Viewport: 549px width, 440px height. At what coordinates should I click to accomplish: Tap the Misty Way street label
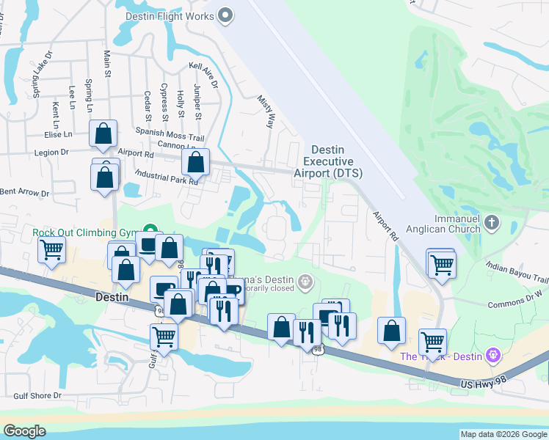[x=265, y=111]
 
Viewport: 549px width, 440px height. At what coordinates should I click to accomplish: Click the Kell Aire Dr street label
[x=204, y=76]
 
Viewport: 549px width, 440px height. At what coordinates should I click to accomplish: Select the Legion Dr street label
[x=51, y=152]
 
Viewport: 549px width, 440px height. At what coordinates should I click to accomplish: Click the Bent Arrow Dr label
[x=24, y=193]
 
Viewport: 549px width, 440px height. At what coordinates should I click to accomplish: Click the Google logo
[x=24, y=431]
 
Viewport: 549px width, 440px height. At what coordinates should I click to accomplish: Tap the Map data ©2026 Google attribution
[x=503, y=434]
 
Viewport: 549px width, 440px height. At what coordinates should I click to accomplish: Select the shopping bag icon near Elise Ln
[x=103, y=133]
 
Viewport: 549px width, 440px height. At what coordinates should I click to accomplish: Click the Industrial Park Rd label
[x=167, y=177]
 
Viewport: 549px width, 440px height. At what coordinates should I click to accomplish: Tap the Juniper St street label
[x=197, y=102]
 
